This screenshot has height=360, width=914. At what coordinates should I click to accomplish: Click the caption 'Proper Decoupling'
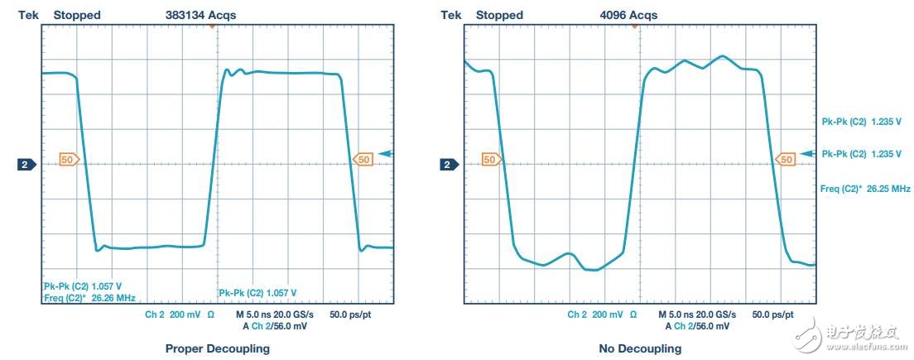point(217,348)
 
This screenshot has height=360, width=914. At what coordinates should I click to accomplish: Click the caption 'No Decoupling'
point(640,348)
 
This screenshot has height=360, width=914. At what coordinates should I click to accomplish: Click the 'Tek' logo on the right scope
point(452,15)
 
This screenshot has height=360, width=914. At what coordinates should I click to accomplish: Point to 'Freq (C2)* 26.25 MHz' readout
point(865,189)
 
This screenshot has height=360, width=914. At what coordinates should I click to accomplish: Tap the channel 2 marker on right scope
point(448,165)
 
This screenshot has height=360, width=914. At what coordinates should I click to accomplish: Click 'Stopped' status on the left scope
point(77,15)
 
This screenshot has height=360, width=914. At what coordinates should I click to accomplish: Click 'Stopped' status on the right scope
point(499,15)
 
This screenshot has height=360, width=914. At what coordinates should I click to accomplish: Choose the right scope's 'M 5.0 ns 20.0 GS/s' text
point(696,315)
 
